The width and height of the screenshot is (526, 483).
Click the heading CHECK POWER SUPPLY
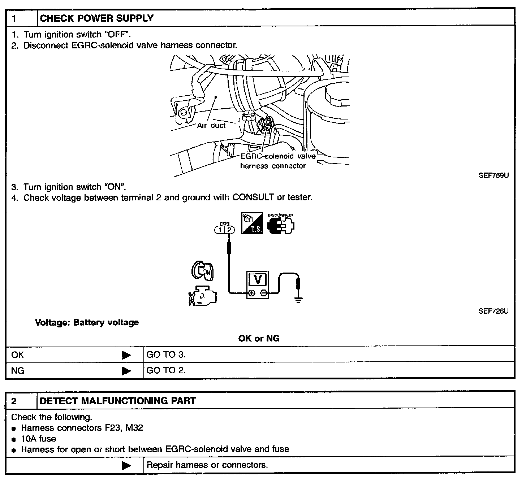tap(96, 18)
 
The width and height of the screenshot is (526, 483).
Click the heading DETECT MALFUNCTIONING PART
tap(118, 401)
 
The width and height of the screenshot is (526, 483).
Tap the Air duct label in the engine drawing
tap(211, 126)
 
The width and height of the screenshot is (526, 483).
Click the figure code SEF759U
tap(493, 176)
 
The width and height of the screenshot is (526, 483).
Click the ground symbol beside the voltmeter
tap(298, 299)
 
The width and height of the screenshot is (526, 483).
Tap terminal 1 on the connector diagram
tap(220, 230)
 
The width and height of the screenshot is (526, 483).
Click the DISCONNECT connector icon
tap(281, 225)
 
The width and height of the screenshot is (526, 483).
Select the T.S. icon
tap(252, 223)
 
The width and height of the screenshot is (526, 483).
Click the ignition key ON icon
tap(202, 271)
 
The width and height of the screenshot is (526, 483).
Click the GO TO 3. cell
tap(166, 354)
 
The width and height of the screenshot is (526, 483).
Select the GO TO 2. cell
tap(166, 370)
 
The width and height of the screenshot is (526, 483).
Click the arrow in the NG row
tap(126, 371)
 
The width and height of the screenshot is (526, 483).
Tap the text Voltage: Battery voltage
tap(87, 322)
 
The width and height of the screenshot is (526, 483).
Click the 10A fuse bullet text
tap(39, 439)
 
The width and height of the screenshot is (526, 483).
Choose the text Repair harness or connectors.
tap(207, 465)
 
